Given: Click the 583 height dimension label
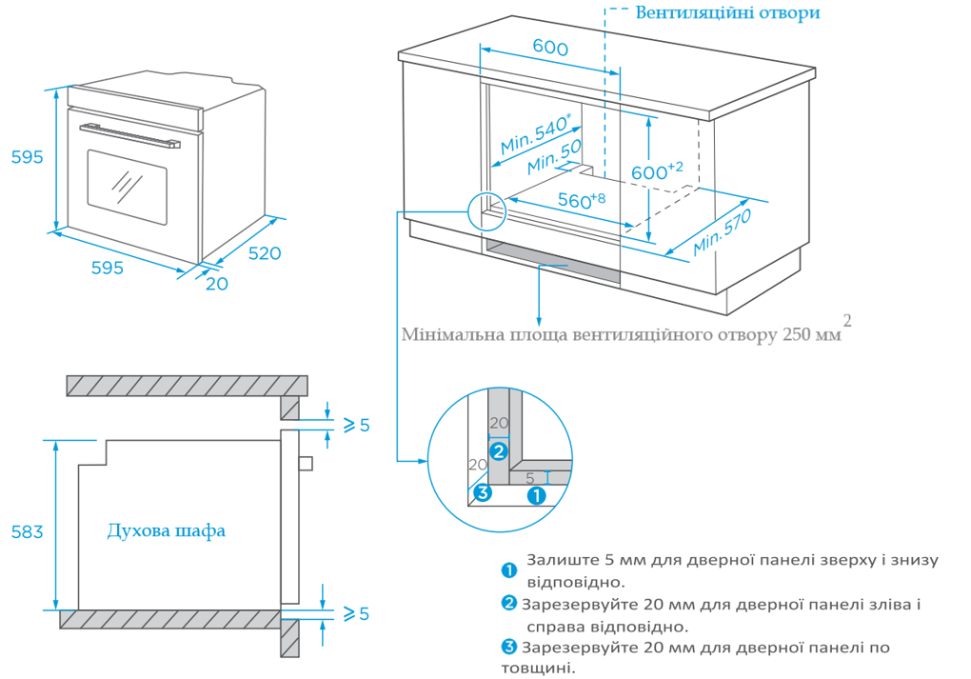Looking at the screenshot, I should (x=27, y=531).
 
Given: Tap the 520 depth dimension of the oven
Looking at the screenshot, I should (x=265, y=253).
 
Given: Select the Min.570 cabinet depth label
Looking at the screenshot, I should (x=723, y=231).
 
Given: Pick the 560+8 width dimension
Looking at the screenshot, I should (x=581, y=200).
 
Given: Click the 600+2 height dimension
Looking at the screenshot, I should (x=657, y=171).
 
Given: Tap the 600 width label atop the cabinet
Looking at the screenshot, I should (x=550, y=49).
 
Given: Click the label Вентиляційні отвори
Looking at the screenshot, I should (x=727, y=13).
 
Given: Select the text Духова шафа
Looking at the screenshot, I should (x=167, y=530).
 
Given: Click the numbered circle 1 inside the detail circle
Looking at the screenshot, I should (x=536, y=495).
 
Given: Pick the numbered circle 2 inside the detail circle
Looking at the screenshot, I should (x=498, y=450).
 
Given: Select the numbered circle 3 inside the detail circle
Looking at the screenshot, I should (x=483, y=492).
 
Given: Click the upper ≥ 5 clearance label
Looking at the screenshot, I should (x=355, y=425).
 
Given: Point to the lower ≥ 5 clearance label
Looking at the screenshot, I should (x=355, y=614).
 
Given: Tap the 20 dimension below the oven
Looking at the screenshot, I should (x=217, y=284).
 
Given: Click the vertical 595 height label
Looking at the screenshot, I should (x=27, y=157).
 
